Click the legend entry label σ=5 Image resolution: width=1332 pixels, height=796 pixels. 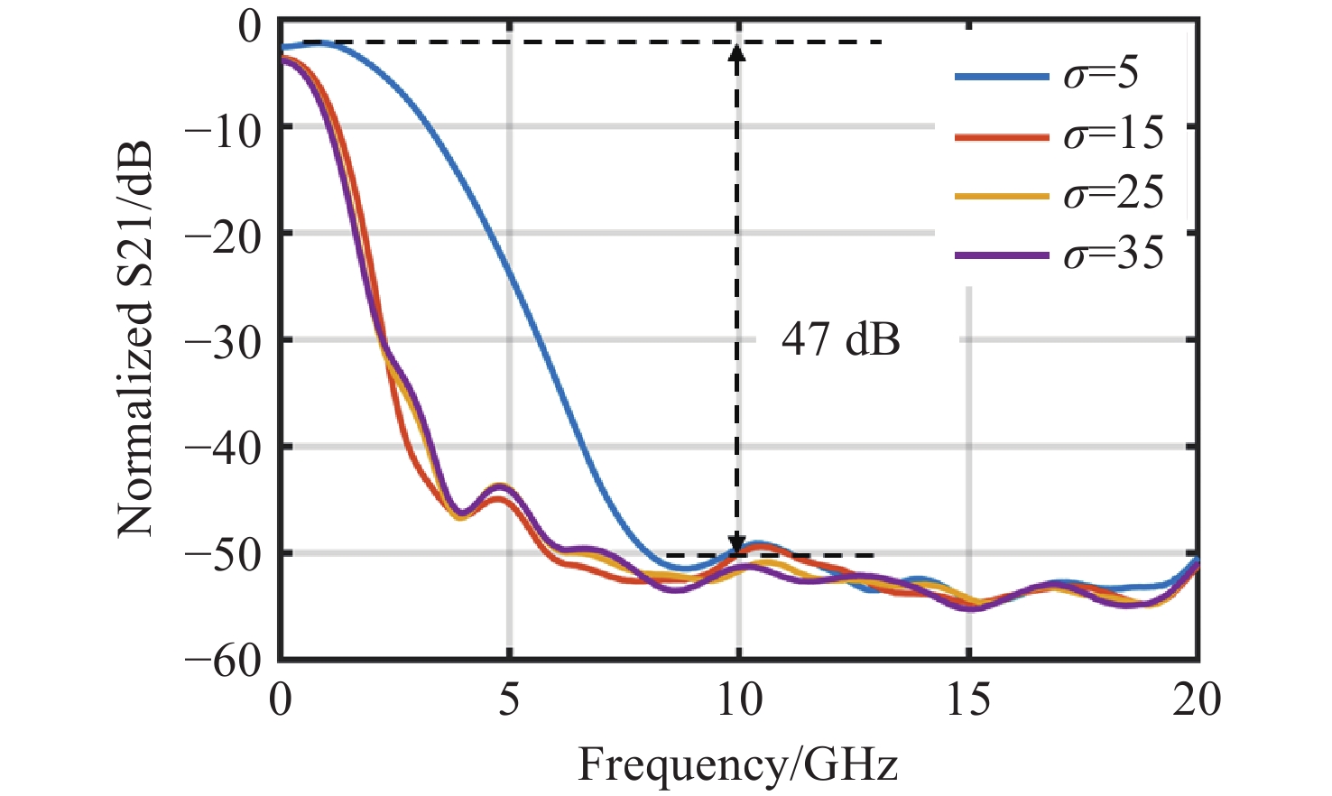click(x=1101, y=74)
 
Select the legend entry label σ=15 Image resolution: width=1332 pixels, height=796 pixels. click(x=1114, y=134)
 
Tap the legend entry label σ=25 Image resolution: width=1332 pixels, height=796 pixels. click(x=1114, y=193)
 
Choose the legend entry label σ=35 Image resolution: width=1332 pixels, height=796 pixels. click(x=1114, y=254)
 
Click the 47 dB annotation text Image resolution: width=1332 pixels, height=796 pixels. click(x=840, y=340)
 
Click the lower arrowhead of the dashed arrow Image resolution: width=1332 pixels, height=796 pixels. click(x=737, y=544)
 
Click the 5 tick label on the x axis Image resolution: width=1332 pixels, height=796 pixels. click(x=510, y=700)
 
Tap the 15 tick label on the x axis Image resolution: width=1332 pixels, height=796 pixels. click(x=968, y=700)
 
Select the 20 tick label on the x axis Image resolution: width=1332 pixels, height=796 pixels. click(x=1197, y=700)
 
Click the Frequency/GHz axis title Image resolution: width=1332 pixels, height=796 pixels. click(x=737, y=765)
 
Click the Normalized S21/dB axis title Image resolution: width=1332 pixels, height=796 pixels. click(x=135, y=338)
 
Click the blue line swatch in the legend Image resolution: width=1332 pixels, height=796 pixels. click(x=1002, y=76)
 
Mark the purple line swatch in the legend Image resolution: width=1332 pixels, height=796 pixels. click(x=1002, y=255)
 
